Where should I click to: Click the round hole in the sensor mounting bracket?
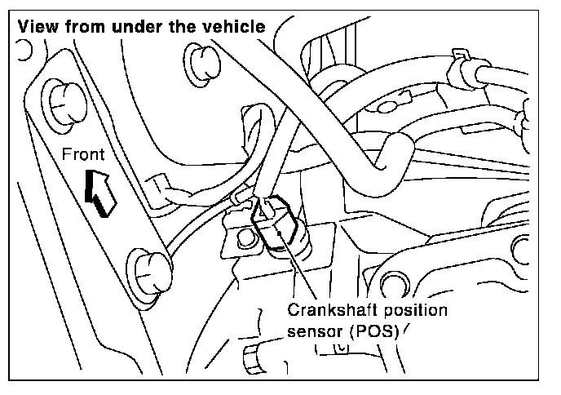243,239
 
